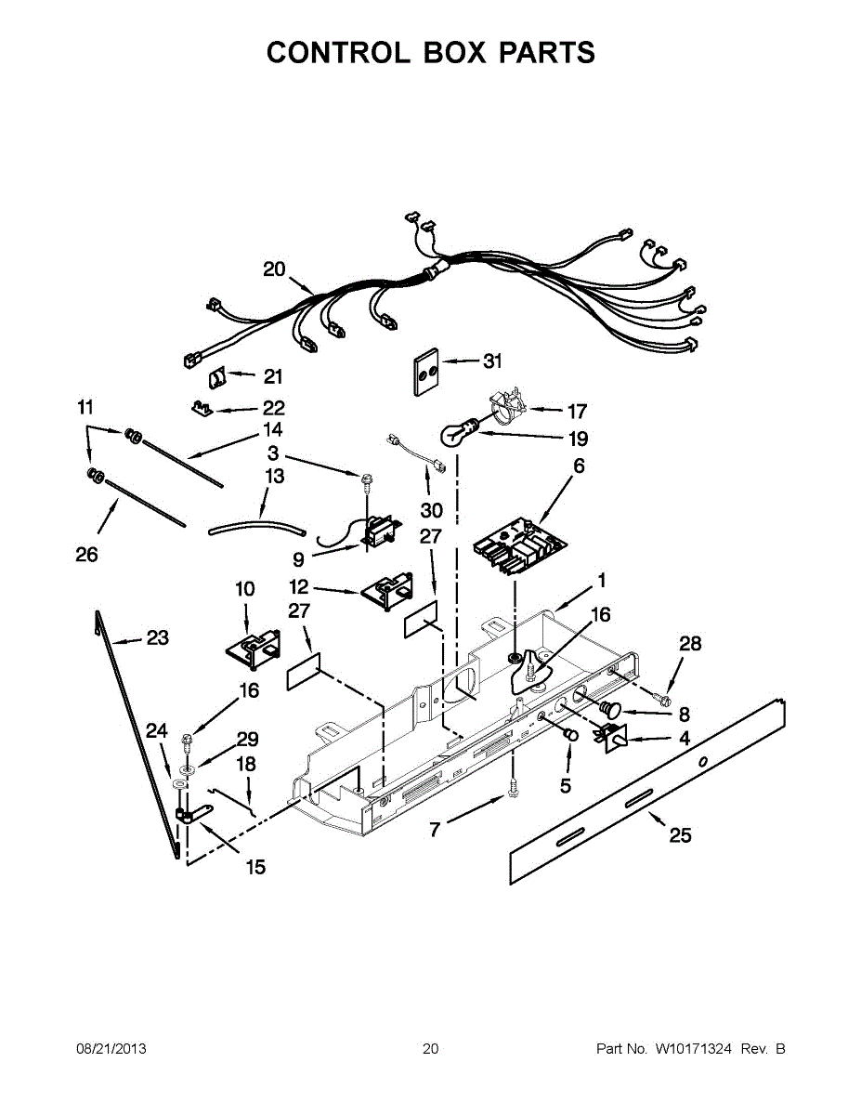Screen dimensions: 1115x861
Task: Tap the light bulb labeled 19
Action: coord(454,434)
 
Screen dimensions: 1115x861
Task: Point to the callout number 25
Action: coord(680,835)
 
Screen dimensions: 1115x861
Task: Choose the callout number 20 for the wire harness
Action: coord(274,269)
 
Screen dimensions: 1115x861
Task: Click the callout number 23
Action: coord(158,638)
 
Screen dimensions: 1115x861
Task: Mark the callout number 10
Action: coord(244,588)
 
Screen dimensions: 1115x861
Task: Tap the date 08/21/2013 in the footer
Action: coord(111,1049)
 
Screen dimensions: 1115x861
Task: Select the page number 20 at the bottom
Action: coord(430,1049)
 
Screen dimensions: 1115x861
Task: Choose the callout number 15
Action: coord(254,867)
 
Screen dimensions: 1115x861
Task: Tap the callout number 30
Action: coord(431,510)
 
